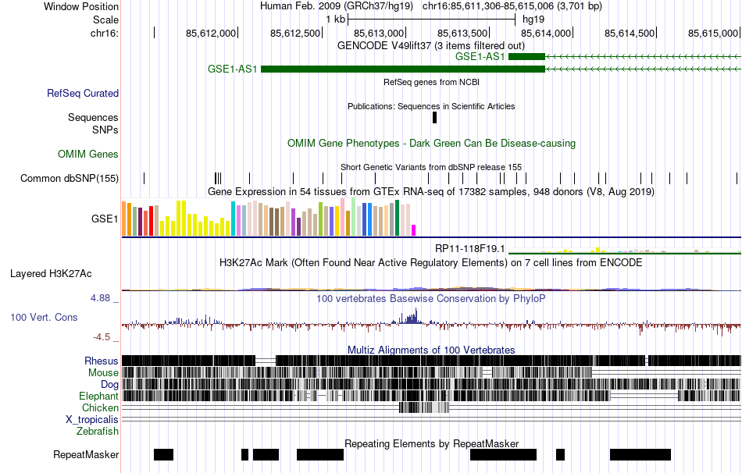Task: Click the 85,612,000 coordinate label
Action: coord(210,33)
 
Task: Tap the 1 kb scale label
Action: coord(335,19)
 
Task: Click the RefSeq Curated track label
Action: coord(83,93)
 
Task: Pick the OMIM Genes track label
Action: coord(88,155)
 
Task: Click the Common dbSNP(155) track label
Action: coord(70,179)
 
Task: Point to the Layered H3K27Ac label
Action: coord(51,274)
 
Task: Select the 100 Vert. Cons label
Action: coord(44,318)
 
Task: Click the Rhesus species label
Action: coord(102,361)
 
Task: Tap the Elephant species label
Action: coord(98,396)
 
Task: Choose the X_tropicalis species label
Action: coord(92,419)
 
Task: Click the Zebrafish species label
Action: coord(98,431)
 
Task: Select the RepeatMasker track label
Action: coord(86,454)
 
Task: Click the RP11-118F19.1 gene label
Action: coord(470,249)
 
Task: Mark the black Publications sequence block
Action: coord(435,117)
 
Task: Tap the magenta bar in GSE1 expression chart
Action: coord(414,229)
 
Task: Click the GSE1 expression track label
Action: coord(105,219)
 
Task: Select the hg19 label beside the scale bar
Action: coord(533,19)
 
